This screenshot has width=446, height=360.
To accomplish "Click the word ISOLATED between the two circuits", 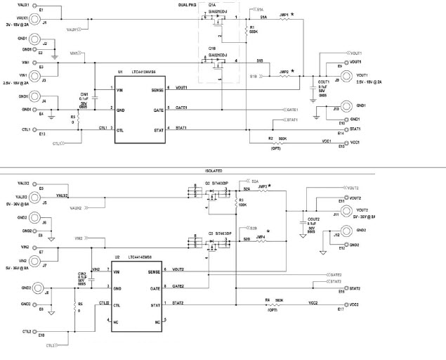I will click(x=214, y=171).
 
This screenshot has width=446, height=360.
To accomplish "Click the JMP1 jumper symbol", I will click(x=284, y=19).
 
